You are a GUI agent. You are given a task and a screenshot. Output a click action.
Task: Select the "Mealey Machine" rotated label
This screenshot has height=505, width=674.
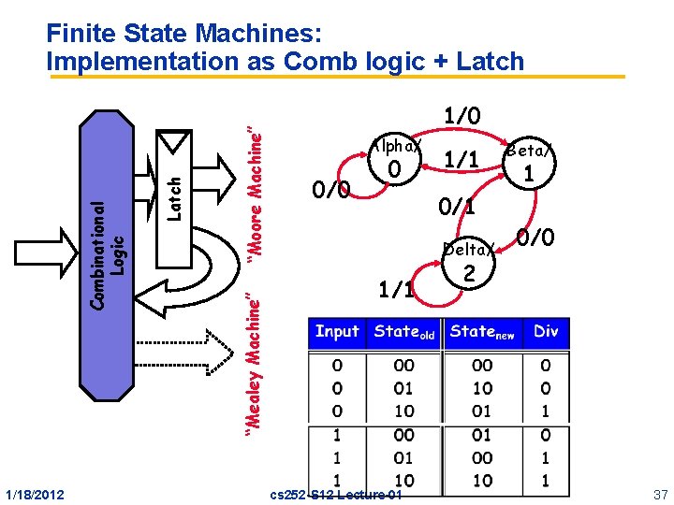253,360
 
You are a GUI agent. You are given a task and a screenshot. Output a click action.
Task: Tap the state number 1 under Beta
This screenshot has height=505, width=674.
530,174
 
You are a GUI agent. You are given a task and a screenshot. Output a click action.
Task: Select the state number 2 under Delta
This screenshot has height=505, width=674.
470,273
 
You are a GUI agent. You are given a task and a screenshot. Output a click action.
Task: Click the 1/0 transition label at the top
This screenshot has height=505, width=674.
462,116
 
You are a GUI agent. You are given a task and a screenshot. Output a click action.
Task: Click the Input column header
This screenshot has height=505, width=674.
337,332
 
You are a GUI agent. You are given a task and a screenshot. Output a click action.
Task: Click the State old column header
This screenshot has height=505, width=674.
403,333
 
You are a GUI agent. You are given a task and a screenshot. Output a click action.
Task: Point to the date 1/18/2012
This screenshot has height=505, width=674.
36,493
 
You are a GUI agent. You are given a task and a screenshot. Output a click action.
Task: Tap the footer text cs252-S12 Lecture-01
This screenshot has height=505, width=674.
335,494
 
